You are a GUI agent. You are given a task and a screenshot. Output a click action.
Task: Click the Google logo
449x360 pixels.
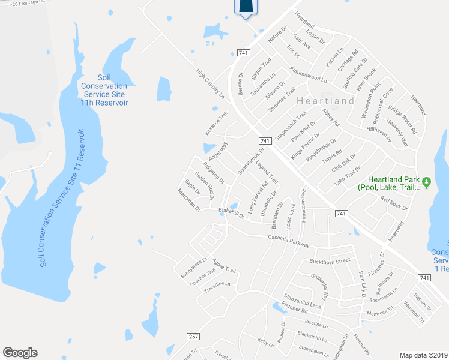pyautogui.click(x=20, y=353)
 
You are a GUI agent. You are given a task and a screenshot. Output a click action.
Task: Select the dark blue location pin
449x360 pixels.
pyautogui.click(x=246, y=6)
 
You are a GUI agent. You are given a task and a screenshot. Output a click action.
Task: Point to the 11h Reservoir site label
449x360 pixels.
pyautogui.click(x=104, y=90)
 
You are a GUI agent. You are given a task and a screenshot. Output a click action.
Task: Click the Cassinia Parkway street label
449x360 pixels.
pyautogui.click(x=284, y=241)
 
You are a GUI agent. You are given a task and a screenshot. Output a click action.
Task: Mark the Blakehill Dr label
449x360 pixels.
pyautogui.click(x=231, y=212)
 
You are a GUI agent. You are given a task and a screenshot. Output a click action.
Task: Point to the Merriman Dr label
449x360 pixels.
pyautogui.click(x=189, y=200)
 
